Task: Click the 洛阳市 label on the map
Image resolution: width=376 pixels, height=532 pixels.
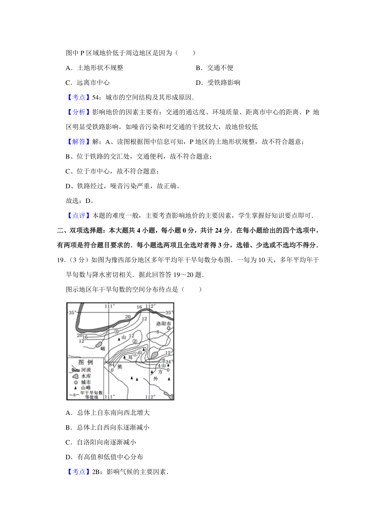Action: pyautogui.click(x=164, y=323)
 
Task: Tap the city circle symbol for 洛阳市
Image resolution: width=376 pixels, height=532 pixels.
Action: pyautogui.click(x=169, y=328)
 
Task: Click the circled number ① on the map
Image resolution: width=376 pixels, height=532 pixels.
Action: pyautogui.click(x=135, y=354)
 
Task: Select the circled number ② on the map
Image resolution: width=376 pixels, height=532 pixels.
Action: pyautogui.click(x=135, y=341)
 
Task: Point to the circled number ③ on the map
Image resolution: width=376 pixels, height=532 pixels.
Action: pyautogui.click(x=116, y=331)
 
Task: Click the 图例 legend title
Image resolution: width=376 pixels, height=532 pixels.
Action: pyautogui.click(x=86, y=362)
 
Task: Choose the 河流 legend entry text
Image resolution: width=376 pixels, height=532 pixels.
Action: pyautogui.click(x=86, y=370)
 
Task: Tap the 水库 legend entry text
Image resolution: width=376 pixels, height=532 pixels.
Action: pyautogui.click(x=86, y=376)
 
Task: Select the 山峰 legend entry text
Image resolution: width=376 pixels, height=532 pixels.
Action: pyautogui.click(x=86, y=388)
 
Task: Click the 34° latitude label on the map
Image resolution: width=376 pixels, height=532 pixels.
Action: pyautogui.click(x=169, y=362)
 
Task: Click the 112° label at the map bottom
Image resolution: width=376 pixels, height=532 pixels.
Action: pyautogui.click(x=150, y=397)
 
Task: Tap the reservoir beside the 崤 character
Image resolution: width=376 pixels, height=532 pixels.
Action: pyautogui.click(x=98, y=344)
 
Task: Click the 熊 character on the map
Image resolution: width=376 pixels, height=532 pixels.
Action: pyautogui.click(x=120, y=367)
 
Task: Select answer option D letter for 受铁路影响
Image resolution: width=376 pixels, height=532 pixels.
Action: pyautogui.click(x=198, y=83)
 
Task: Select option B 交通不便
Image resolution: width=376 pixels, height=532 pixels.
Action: pyautogui.click(x=215, y=68)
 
